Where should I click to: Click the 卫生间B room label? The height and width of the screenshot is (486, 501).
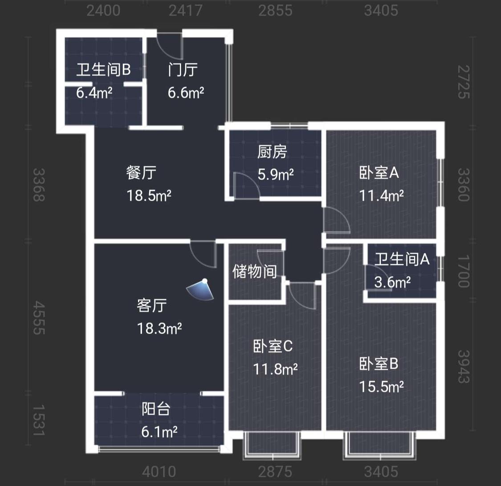click(103, 69)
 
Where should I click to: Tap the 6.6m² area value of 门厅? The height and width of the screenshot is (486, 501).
click(186, 93)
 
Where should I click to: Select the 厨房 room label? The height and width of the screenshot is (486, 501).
click(272, 152)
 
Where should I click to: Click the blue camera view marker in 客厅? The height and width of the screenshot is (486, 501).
click(201, 290)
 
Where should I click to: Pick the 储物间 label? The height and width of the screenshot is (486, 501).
click(255, 272)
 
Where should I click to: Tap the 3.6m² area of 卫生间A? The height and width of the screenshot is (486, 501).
click(392, 282)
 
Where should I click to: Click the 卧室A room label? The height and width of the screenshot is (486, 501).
click(379, 173)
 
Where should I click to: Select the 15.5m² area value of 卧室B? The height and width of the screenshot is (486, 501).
click(381, 387)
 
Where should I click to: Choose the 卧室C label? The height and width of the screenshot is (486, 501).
click(273, 346)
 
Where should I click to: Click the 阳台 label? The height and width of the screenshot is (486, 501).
click(156, 408)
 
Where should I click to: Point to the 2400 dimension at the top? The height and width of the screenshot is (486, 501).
click(103, 11)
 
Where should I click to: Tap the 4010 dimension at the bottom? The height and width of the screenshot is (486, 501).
click(159, 472)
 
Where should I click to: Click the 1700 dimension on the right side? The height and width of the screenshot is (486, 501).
click(464, 271)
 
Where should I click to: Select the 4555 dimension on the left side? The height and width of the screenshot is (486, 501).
click(39, 318)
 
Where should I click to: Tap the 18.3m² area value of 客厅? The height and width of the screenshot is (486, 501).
click(159, 328)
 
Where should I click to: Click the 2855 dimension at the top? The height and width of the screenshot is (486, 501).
click(275, 11)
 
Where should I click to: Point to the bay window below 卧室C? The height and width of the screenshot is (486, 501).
click(272, 446)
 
